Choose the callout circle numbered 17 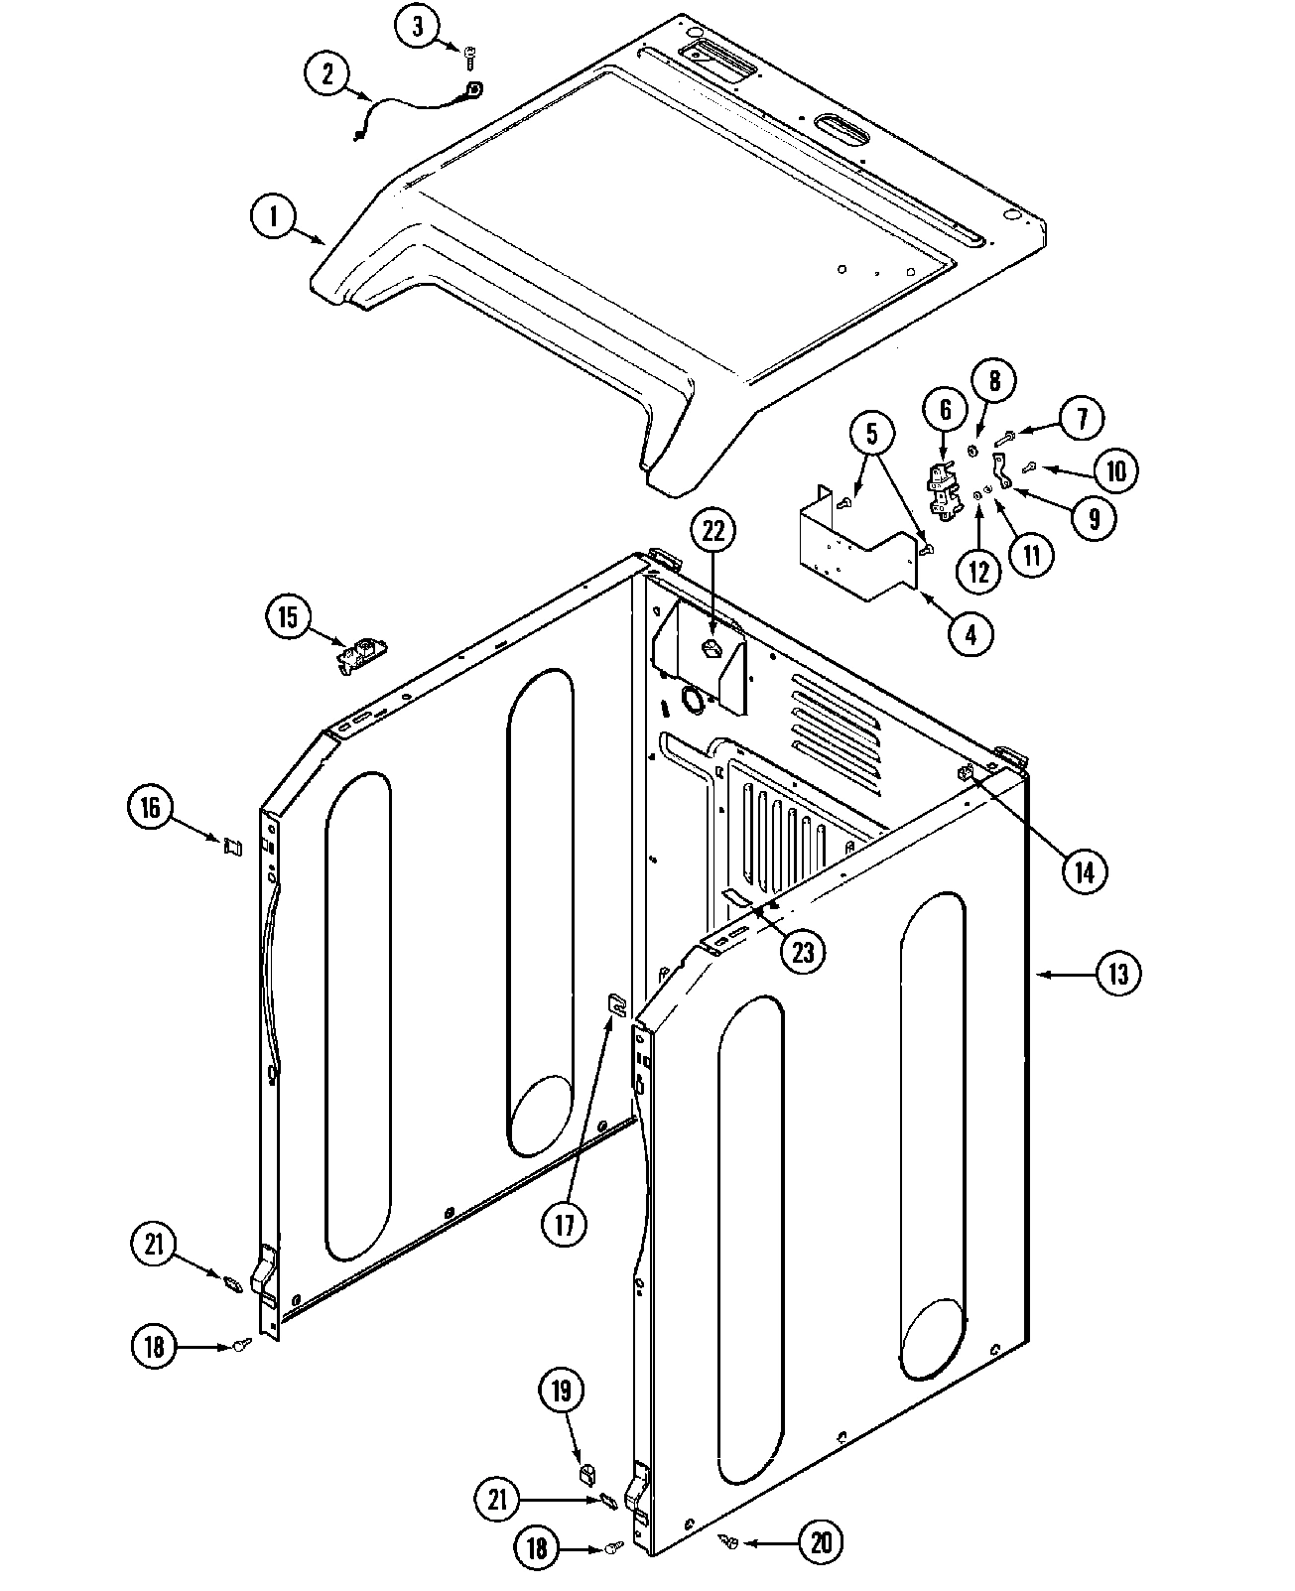(565, 1225)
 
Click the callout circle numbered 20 (821, 1542)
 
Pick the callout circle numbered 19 (562, 1392)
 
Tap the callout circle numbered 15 (288, 618)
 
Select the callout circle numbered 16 (150, 808)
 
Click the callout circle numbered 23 (802, 952)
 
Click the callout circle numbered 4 (971, 633)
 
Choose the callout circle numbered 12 (979, 571)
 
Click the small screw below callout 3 (469, 63)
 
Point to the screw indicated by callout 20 (730, 1540)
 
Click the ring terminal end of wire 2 (474, 90)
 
